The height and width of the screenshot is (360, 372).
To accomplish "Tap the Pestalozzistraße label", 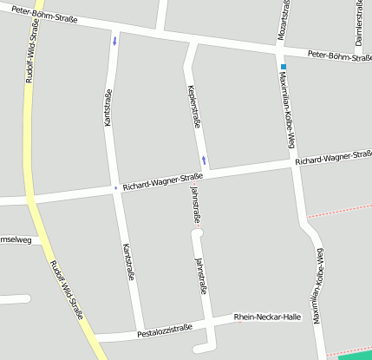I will [165, 330].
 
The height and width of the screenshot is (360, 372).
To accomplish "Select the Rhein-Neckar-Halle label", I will [267, 317].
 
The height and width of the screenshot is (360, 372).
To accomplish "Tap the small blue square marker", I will [283, 67].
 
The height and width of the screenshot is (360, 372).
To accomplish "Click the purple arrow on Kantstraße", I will [114, 40].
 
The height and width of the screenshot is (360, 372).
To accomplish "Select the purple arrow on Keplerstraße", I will [204, 160].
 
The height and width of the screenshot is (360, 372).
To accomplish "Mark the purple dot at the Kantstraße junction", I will [115, 187].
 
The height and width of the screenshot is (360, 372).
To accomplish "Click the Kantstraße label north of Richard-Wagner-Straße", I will [108, 108].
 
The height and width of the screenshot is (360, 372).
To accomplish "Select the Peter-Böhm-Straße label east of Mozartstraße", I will [340, 56].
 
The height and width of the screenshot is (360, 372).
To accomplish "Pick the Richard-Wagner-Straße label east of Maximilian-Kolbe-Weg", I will [333, 158].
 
